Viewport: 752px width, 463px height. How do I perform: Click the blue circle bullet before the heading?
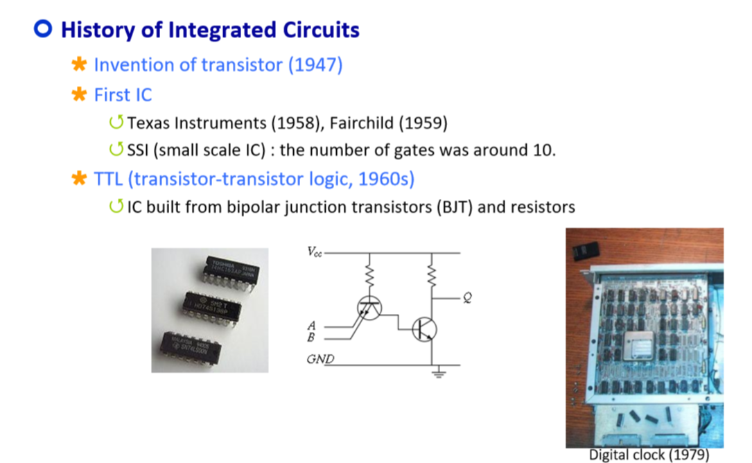pyautogui.click(x=44, y=30)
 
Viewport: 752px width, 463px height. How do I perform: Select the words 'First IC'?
pyautogui.click(x=123, y=94)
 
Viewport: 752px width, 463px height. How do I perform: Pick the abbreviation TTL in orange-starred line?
pyautogui.click(x=110, y=179)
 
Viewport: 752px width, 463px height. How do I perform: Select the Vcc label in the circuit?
pyautogui.click(x=314, y=252)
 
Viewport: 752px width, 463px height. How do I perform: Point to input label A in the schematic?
pyautogui.click(x=311, y=325)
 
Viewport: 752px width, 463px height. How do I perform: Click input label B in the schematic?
pyautogui.click(x=311, y=337)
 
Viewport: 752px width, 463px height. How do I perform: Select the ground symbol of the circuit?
pyautogui.click(x=437, y=374)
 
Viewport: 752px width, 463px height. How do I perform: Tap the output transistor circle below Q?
pyautogui.click(x=423, y=329)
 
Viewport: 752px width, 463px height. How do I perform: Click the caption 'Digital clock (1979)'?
pyautogui.click(x=649, y=455)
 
